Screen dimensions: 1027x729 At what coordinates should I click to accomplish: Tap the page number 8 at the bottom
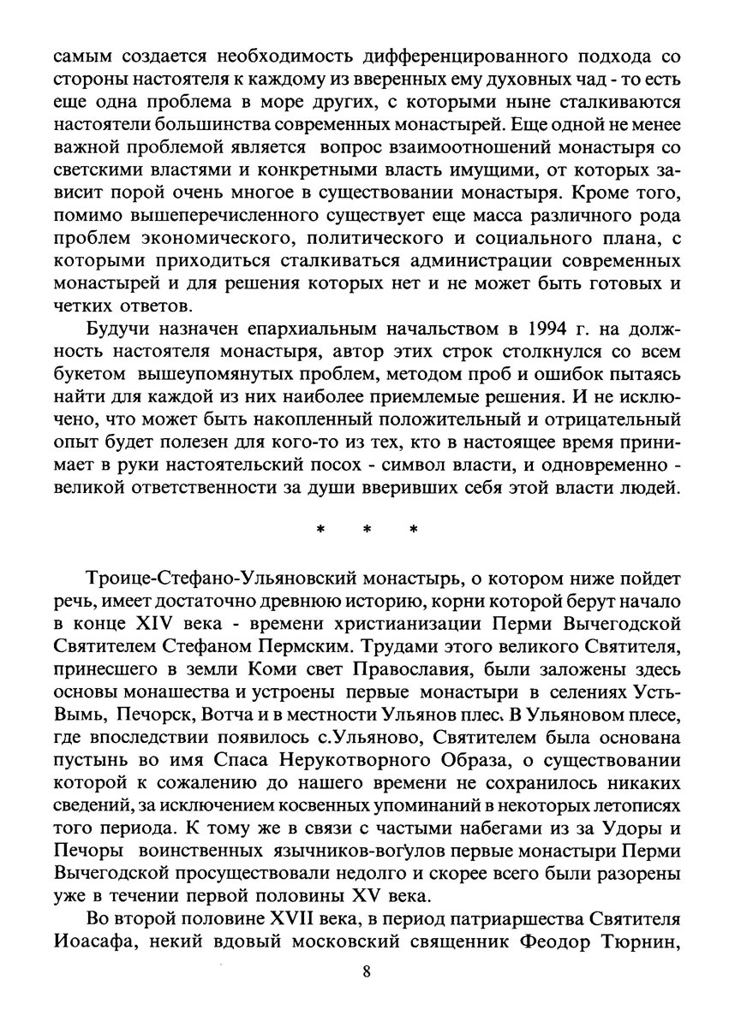click(366, 971)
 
